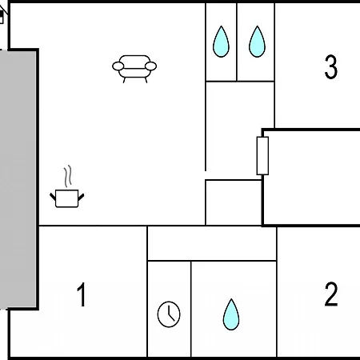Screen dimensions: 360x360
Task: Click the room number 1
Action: (x=82, y=294)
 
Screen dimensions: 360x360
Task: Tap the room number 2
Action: (x=331, y=294)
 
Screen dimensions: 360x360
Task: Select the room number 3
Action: (x=331, y=66)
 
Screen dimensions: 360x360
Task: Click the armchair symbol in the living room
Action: (x=134, y=69)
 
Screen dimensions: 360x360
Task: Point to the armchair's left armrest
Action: (x=118, y=66)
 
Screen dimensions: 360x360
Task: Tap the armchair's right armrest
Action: (x=150, y=66)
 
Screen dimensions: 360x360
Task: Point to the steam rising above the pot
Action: (x=68, y=176)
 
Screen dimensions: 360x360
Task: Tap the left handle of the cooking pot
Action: (x=53, y=197)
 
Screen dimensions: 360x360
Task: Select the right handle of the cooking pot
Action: (x=81, y=198)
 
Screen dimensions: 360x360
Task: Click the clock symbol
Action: (x=169, y=314)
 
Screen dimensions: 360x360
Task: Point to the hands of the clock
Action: (x=170, y=314)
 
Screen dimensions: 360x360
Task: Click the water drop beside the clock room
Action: (x=231, y=314)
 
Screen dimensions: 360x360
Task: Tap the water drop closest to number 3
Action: (x=257, y=42)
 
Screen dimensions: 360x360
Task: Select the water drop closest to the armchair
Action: (x=221, y=42)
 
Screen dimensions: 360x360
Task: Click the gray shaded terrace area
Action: (x=18, y=179)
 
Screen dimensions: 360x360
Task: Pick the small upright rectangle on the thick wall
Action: (x=262, y=156)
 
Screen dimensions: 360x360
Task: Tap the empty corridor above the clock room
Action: (x=212, y=243)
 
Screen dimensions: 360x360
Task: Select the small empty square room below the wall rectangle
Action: (x=234, y=202)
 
